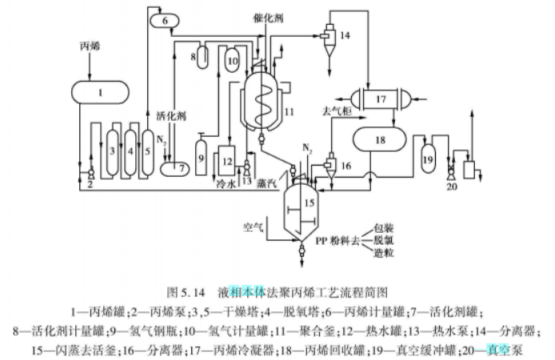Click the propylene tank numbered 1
[x=101, y=94]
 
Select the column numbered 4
[x=130, y=150]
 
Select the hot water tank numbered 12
[x=228, y=160]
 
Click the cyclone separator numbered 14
[x=328, y=36]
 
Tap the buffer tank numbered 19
[x=427, y=158]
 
